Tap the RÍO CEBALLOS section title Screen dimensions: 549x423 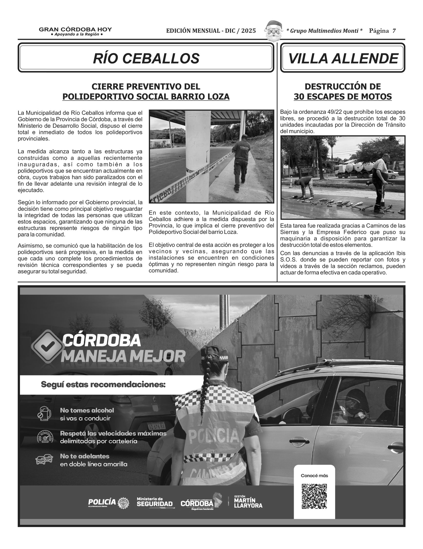coord(146,58)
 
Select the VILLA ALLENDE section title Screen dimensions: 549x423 coord(343,58)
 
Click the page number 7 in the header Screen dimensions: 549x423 coord(394,31)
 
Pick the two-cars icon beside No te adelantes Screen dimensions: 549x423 coord(44,460)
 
